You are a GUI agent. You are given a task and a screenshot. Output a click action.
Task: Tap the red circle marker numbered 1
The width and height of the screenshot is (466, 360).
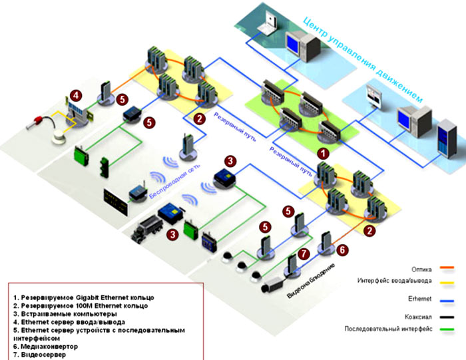(x=322, y=152)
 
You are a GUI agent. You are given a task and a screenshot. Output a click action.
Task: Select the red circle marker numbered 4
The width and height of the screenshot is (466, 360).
(x=77, y=95)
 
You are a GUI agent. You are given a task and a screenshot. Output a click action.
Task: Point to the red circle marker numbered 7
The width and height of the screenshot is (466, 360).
(x=304, y=254)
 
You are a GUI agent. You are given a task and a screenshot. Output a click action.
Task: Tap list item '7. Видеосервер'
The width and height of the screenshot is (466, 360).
(x=42, y=355)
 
